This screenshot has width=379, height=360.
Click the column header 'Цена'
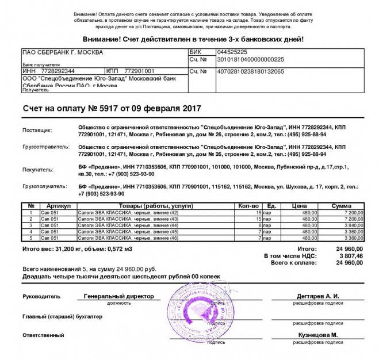tap(299, 206)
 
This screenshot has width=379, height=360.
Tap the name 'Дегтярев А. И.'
tap(318, 296)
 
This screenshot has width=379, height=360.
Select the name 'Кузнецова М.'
tap(317, 335)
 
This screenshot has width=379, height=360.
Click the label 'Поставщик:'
tap(37, 131)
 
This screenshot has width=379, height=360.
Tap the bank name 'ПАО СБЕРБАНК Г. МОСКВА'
tap(63, 52)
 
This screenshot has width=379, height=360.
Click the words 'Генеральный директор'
tap(118, 296)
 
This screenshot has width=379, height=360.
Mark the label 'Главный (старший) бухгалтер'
tap(62, 316)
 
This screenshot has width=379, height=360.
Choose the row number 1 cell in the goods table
tap(30, 213)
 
